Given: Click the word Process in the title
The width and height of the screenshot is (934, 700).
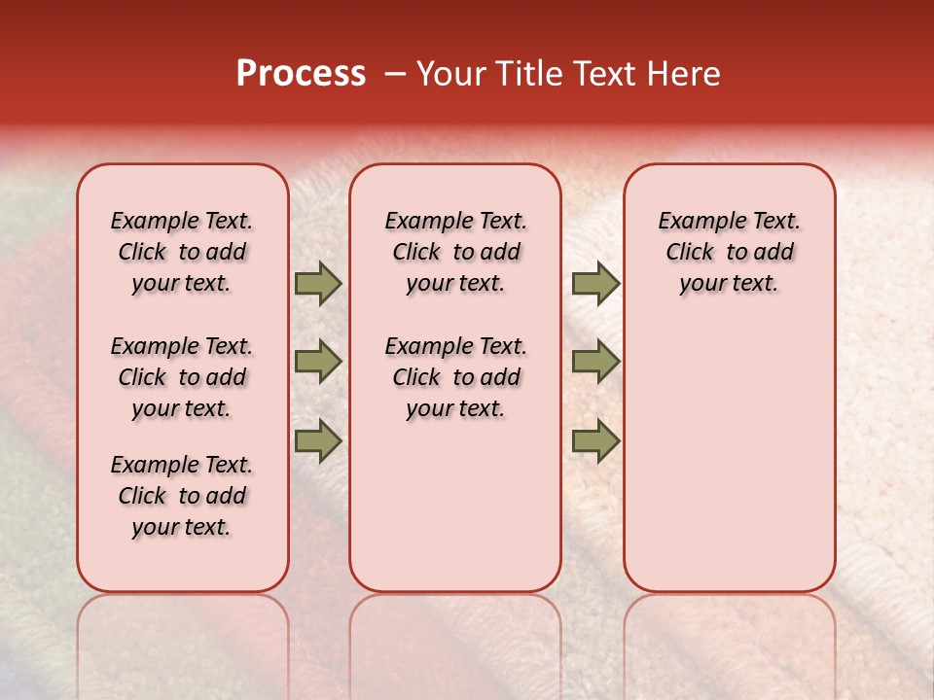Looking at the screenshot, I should [x=301, y=74].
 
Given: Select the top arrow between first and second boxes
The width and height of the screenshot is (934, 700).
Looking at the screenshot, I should [x=318, y=284].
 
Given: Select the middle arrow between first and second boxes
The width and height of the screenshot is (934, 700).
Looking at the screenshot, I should [x=318, y=362].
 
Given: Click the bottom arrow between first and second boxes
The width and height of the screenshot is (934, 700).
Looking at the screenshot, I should [x=318, y=440].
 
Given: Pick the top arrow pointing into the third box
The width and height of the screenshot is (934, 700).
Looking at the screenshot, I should [x=595, y=284].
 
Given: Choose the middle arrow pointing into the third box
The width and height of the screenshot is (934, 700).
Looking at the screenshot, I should [x=595, y=362].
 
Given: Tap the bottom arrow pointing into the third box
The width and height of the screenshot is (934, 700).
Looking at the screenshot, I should [x=595, y=440].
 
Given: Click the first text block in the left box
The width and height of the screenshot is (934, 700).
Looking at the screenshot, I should [x=182, y=252].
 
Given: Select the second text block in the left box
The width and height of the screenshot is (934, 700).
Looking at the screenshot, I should [x=182, y=377].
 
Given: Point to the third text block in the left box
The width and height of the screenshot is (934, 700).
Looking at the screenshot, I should [x=182, y=496].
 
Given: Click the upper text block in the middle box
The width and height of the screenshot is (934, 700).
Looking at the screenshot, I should [x=455, y=252].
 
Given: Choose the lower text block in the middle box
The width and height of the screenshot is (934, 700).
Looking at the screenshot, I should [x=455, y=377].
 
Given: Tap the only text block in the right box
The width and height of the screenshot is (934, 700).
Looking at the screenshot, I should [x=729, y=252].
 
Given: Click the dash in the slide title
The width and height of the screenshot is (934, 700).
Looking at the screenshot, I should [x=395, y=75].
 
